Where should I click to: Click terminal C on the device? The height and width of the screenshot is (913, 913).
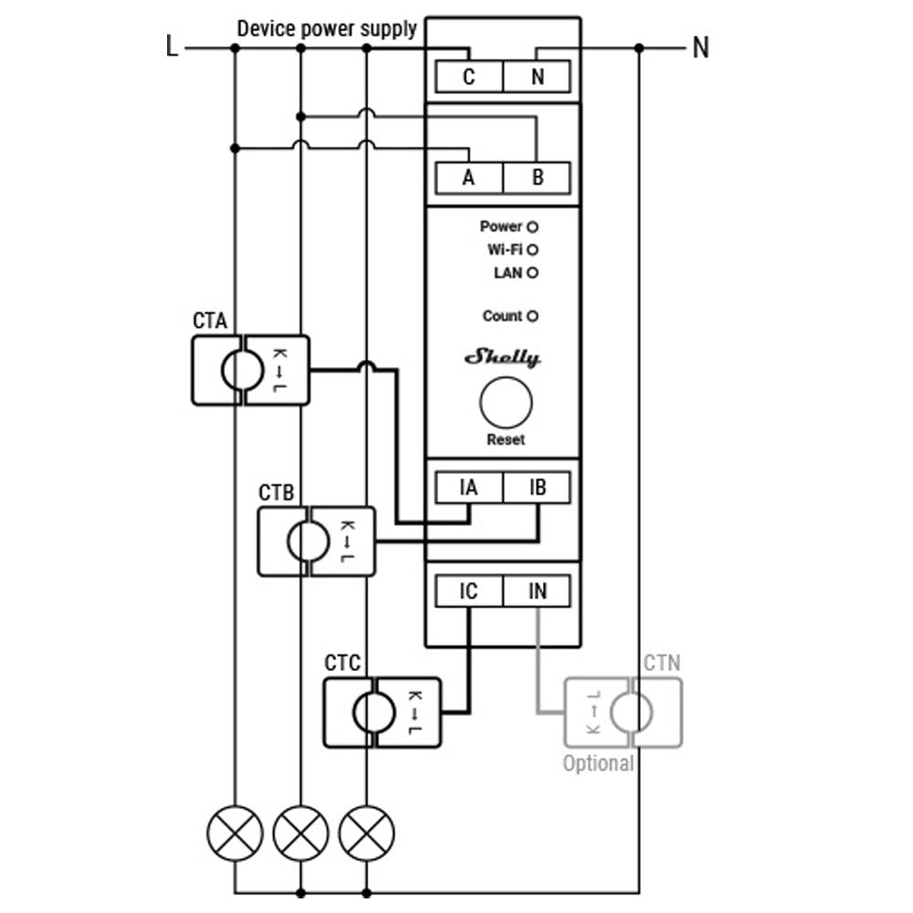point(468,77)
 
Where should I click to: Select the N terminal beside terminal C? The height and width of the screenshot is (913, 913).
point(537,77)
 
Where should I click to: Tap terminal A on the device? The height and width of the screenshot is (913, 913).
point(468,177)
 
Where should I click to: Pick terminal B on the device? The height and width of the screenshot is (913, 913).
point(537,177)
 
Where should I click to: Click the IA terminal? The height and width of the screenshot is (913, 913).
point(468,488)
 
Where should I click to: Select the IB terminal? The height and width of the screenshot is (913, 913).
point(537,488)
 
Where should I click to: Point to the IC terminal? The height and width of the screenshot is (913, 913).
point(468,592)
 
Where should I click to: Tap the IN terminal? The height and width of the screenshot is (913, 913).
point(537,592)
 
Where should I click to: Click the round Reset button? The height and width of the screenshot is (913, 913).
point(506,403)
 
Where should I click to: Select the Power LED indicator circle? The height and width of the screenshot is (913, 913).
point(532,226)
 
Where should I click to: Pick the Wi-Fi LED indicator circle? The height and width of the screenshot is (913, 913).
point(532,249)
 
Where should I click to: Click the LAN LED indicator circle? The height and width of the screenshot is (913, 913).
point(532,272)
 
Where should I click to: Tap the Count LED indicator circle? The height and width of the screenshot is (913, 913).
point(532,317)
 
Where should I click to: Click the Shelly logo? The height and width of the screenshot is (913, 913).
point(503,357)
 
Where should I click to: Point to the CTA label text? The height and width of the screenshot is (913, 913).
point(210,321)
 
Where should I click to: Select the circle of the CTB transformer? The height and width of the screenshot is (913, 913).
point(309,542)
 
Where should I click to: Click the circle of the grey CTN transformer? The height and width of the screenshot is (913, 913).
point(632,712)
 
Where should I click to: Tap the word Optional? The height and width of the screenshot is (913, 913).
point(598,763)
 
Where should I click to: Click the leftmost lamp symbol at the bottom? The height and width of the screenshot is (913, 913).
point(235,833)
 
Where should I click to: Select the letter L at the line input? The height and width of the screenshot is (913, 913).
point(172,47)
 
